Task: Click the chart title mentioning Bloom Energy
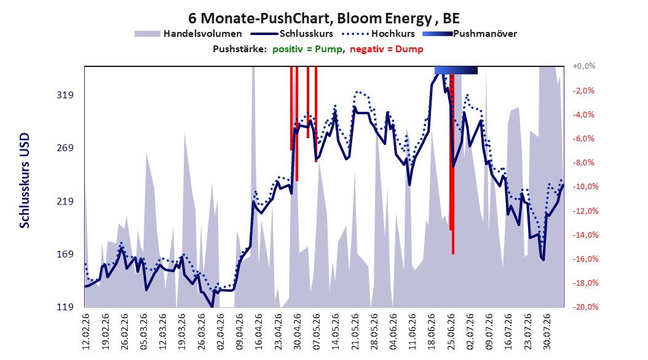pos(323,18)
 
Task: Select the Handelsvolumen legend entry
pos(189,34)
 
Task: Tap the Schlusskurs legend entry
pos(293,34)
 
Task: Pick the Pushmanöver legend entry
pos(470,34)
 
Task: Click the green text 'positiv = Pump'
pos(307,49)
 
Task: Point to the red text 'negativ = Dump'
pos(387,49)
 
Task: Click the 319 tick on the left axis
pos(65,95)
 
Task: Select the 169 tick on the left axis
pos(65,254)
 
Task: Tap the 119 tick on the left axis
pos(65,307)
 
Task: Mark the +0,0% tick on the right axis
pos(583,66)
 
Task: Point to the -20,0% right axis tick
pos(585,307)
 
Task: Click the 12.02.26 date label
pos(86,332)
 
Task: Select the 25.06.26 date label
pos(451,332)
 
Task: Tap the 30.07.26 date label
pos(547,332)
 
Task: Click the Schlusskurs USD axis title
pos(25,181)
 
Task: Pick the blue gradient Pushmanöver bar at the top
pos(456,71)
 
